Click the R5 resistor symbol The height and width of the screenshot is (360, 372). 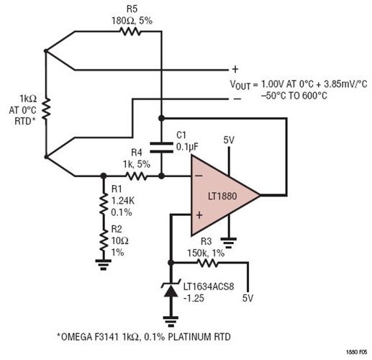pos(130,32)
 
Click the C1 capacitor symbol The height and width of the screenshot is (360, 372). pos(160,144)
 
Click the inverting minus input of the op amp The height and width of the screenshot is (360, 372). pos(199,176)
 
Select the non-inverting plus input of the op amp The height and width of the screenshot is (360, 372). pos(199,214)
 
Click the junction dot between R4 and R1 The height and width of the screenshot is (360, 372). pos(103,175)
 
